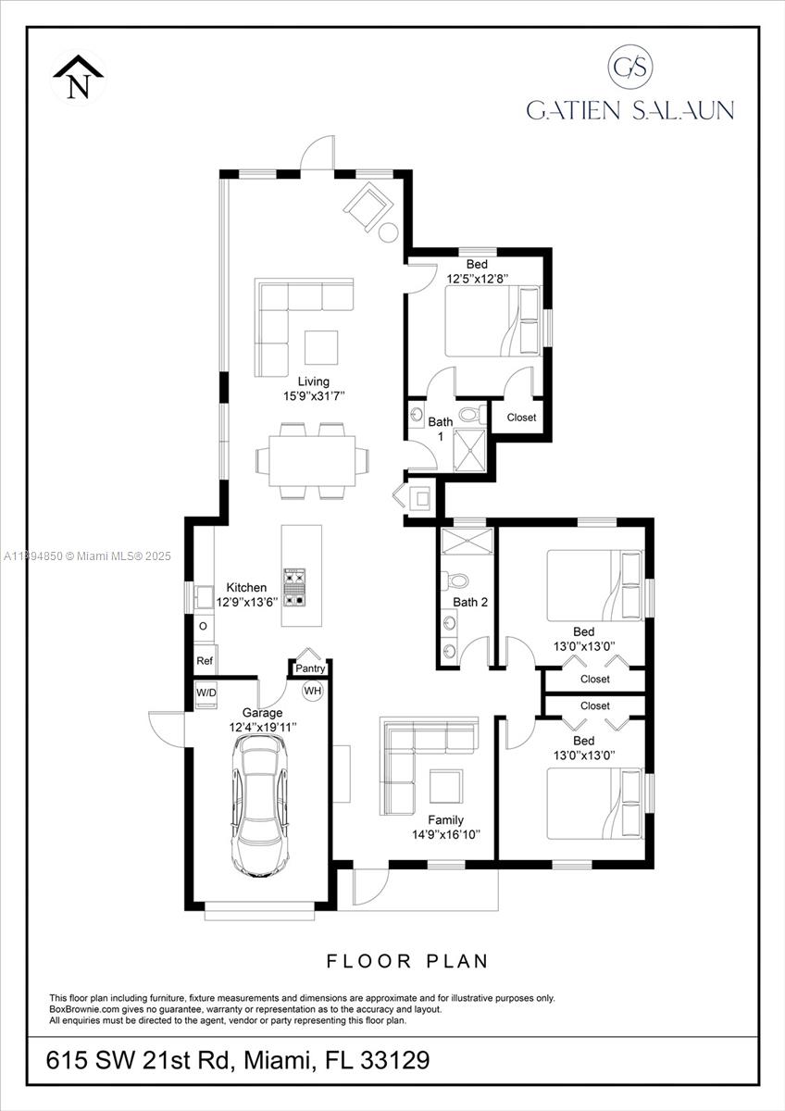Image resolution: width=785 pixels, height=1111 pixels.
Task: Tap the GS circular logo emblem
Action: pos(630,67)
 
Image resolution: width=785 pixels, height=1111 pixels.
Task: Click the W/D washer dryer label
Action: pos(206,693)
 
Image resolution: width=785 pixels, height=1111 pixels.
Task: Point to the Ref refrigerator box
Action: pos(204,661)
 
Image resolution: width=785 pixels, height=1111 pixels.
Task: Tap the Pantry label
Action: pos(310,668)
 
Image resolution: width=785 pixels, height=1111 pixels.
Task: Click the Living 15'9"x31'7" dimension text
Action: pos(313,396)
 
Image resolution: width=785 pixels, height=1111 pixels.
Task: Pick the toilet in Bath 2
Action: pos(455,580)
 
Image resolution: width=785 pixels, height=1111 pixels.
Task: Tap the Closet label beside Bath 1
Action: pos(521,418)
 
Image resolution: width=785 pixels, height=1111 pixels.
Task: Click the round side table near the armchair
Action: pos(389,231)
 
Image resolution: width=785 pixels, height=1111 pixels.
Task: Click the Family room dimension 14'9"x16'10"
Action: pos(445,834)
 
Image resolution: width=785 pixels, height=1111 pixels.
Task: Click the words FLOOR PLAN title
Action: pos(406,961)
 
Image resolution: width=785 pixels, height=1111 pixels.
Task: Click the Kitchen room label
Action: pos(246,588)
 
